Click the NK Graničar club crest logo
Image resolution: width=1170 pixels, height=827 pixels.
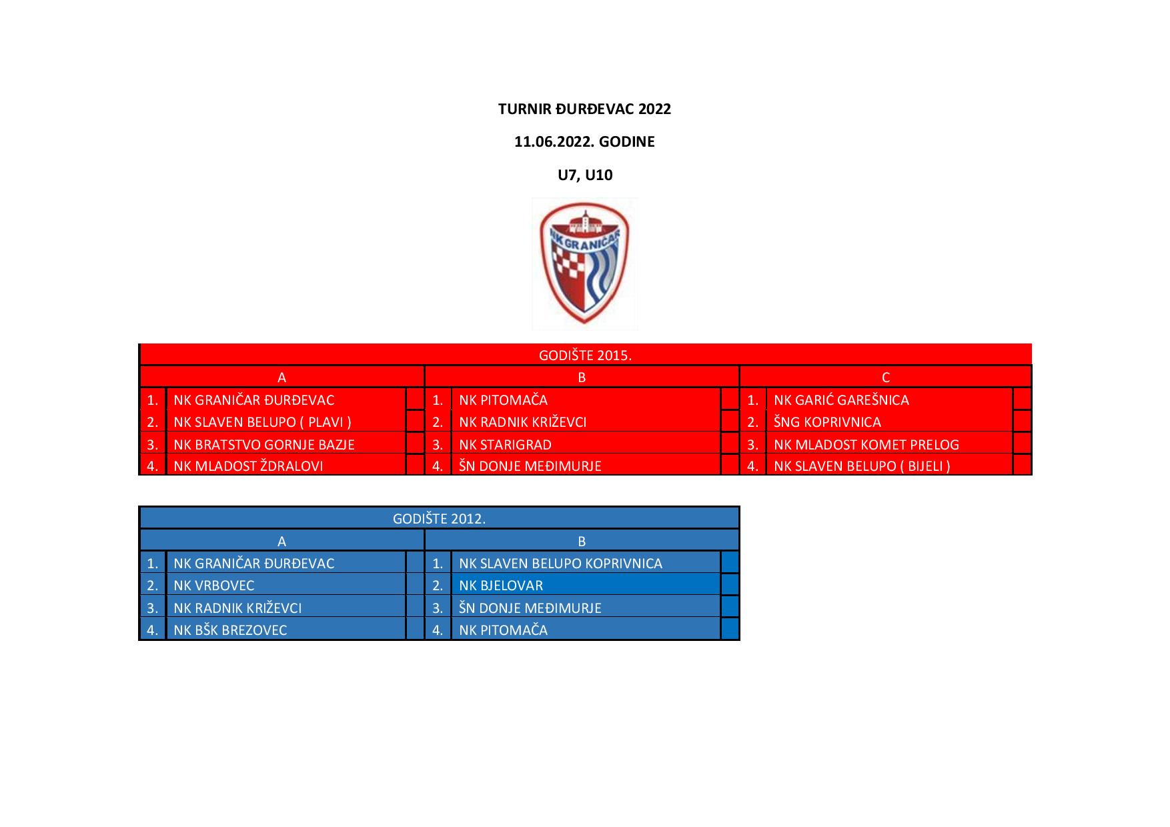585,263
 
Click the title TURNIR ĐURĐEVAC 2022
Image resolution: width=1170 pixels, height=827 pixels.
584,109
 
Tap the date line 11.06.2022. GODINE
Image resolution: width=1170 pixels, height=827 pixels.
584,141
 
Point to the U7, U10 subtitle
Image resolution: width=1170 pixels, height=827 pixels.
585,175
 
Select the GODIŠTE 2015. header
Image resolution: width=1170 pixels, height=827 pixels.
585,355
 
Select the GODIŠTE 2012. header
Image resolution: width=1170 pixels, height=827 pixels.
440,518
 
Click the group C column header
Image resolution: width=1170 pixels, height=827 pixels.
886,377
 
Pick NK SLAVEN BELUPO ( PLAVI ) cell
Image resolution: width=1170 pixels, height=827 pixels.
262,422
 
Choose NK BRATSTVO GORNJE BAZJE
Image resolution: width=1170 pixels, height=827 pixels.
264,444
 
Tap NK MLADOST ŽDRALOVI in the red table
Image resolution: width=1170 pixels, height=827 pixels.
248,466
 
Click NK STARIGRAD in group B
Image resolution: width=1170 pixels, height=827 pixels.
505,444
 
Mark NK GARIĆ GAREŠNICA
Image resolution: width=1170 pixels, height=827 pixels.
841,400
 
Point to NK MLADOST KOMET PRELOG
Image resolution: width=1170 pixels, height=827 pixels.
866,444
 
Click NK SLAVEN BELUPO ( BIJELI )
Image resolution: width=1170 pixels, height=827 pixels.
862,466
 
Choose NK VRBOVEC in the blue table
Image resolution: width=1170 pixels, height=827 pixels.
214,586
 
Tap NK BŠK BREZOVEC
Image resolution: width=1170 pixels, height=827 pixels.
230,630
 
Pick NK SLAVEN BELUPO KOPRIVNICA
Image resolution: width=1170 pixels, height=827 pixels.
560,564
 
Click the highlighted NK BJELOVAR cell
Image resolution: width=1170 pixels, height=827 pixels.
501,586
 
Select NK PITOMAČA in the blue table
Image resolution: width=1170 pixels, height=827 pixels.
503,630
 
